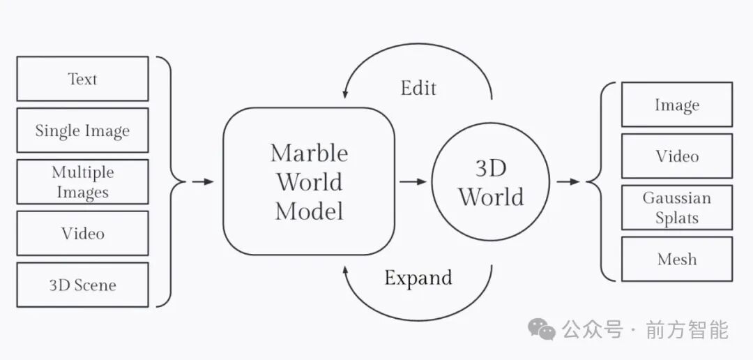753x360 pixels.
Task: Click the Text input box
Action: tap(82, 79)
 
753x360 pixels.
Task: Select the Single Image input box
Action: tap(82, 130)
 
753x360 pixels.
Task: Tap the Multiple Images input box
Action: tap(82, 182)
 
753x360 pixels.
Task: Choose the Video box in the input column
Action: tap(82, 233)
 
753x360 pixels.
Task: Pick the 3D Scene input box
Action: tap(82, 285)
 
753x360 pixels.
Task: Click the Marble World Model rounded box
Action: tap(309, 181)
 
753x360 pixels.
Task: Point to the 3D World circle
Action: tap(491, 182)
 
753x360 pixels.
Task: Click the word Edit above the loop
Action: tap(418, 88)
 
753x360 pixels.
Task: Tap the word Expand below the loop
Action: tap(418, 278)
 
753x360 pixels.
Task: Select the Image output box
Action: tap(676, 105)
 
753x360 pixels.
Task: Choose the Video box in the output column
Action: tap(676, 156)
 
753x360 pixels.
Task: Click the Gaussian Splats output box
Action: tap(676, 207)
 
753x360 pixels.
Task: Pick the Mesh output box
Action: tap(676, 259)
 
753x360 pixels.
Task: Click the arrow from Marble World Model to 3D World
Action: tap(413, 181)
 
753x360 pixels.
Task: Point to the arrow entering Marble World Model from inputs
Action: tap(203, 181)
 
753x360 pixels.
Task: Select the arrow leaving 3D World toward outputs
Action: tap(568, 181)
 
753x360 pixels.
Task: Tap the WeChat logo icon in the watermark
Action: tap(541, 329)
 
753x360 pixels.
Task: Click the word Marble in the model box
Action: tap(309, 153)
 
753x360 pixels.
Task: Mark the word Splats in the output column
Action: tap(676, 218)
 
